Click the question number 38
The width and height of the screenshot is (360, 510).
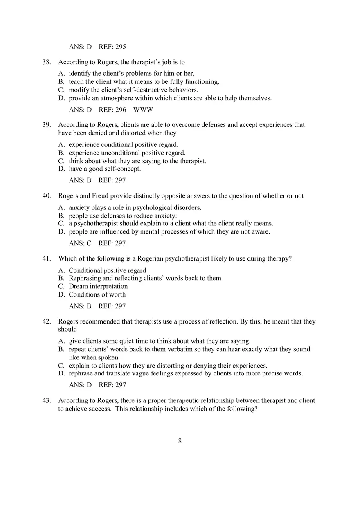pyautogui.click(x=46, y=62)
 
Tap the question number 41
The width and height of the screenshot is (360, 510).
pyautogui.click(x=46, y=258)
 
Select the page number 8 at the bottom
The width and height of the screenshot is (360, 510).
pyautogui.click(x=180, y=440)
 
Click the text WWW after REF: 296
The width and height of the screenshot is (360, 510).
pyautogui.click(x=143, y=110)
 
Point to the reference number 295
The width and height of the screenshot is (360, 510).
pyautogui.click(x=120, y=47)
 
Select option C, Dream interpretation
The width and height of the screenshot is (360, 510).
pyautogui.click(x=98, y=286)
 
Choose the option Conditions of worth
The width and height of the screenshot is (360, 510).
pyautogui.click(x=97, y=294)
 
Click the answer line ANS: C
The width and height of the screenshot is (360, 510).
pyautogui.click(x=80, y=243)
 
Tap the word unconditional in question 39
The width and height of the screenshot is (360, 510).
pyautogui.click(x=117, y=153)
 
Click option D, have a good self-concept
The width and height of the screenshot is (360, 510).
pyautogui.click(x=104, y=169)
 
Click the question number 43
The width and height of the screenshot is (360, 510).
pyautogui.click(x=46, y=400)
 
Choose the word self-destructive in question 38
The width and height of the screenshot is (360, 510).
pyautogui.click(x=139, y=90)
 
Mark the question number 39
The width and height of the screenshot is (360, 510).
pyautogui.click(x=46, y=125)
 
